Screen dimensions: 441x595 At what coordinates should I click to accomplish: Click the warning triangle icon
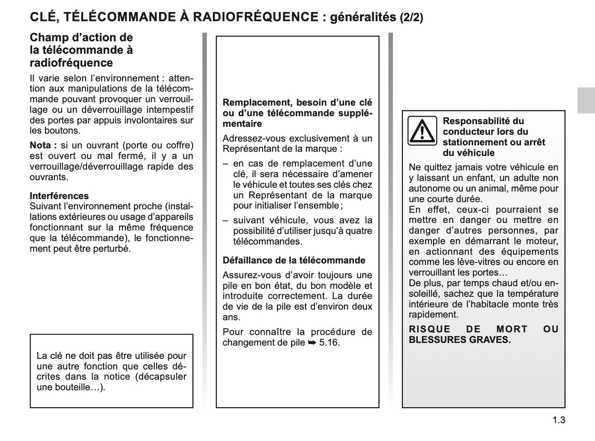click(x=422, y=131)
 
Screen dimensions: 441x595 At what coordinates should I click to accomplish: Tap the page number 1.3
click(x=559, y=420)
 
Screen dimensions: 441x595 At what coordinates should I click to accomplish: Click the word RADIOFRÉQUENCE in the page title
click(x=255, y=17)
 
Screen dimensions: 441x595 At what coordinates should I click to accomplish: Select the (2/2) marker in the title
click(x=411, y=17)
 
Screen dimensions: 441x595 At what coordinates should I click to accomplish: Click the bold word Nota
click(x=40, y=145)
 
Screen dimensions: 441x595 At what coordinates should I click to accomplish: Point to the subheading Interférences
click(x=59, y=196)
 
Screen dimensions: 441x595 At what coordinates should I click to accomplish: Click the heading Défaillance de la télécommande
click(x=294, y=260)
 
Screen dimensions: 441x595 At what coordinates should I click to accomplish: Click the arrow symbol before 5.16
click(x=312, y=342)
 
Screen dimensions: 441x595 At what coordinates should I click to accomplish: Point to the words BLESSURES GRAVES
click(x=460, y=340)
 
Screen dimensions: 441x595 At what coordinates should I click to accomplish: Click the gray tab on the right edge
click(x=586, y=101)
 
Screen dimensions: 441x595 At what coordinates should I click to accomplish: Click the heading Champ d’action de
click(x=81, y=38)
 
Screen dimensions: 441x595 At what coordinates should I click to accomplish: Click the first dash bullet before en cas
click(x=225, y=164)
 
